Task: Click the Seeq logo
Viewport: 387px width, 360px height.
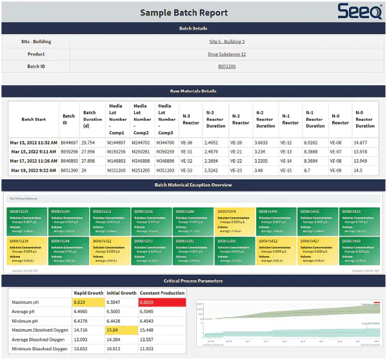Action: (355, 12)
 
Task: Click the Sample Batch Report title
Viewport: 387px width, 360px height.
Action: (184, 13)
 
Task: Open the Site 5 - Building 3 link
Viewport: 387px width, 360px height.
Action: (226, 42)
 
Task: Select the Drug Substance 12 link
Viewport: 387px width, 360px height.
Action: (226, 54)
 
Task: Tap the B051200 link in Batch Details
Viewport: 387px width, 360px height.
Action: (226, 66)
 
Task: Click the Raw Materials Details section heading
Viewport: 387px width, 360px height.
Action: (193, 91)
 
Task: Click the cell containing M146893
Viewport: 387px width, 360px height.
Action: (116, 161)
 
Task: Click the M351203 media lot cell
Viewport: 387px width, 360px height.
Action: (165, 170)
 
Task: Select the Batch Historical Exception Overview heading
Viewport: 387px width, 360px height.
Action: (193, 185)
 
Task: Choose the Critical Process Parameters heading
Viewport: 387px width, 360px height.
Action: (193, 281)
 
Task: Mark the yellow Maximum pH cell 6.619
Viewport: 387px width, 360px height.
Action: (88, 302)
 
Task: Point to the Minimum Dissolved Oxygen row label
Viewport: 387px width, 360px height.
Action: (39, 349)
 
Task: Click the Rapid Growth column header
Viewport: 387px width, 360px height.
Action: (88, 292)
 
